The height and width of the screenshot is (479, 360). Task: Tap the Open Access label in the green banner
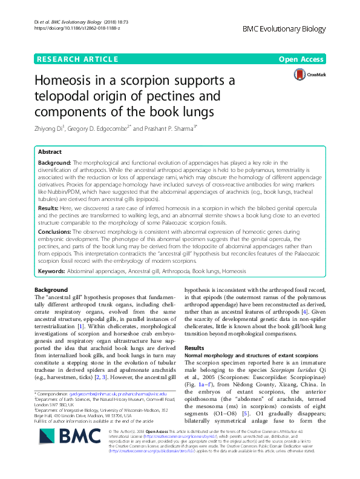click(303, 59)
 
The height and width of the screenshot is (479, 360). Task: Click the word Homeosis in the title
click(65, 81)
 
